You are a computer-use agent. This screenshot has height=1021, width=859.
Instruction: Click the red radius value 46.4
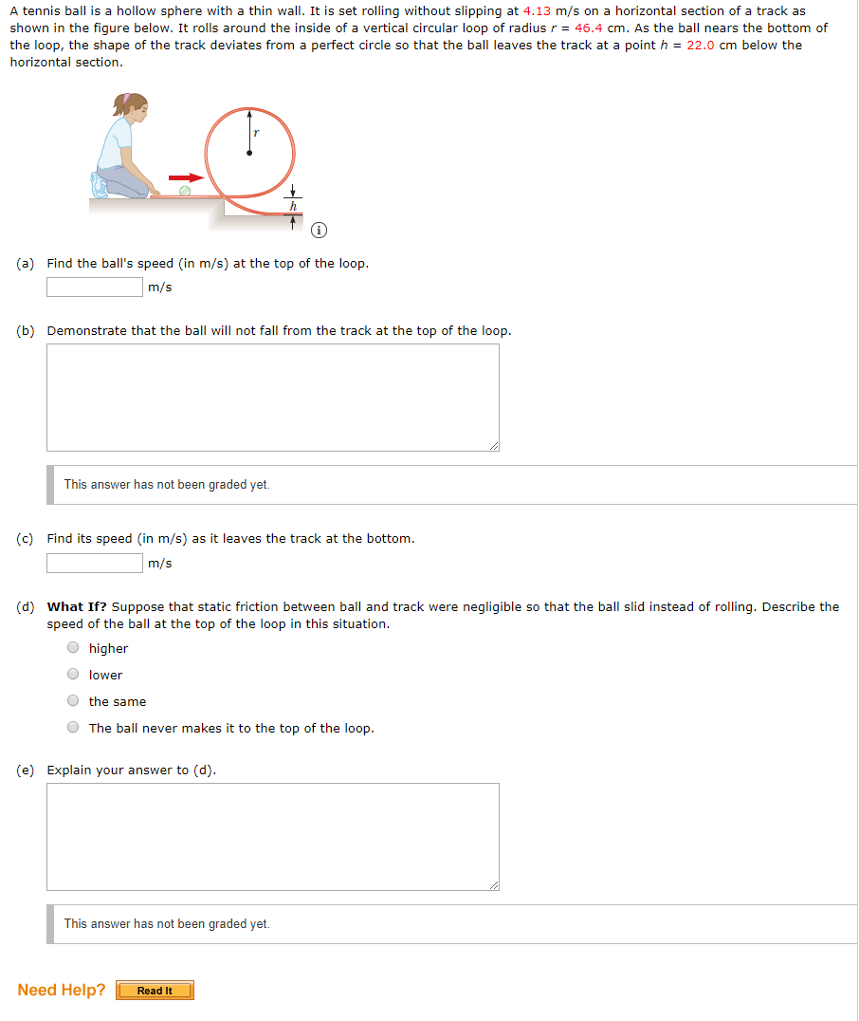point(590,28)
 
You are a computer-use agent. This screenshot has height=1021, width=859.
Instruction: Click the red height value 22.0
point(702,45)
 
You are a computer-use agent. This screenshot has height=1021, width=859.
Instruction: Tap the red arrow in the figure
point(188,177)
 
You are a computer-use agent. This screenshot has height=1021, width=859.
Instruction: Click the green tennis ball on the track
point(185,191)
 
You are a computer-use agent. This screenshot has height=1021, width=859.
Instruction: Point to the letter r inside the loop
point(257,134)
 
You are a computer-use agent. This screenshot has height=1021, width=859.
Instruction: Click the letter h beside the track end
point(293,206)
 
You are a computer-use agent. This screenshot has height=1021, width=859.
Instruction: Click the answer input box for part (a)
point(95,287)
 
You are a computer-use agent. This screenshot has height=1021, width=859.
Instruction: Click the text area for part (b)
point(273,397)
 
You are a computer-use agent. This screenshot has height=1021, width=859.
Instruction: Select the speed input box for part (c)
point(95,563)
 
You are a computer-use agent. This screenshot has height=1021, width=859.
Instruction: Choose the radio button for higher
point(73,648)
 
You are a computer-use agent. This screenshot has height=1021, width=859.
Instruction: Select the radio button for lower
point(73,675)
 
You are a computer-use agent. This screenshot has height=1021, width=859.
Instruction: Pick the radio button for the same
point(73,701)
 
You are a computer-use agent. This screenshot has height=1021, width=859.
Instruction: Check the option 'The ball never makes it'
point(73,728)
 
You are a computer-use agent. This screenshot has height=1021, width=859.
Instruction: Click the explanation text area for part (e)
point(273,836)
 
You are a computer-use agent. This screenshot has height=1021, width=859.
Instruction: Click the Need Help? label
point(62,990)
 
